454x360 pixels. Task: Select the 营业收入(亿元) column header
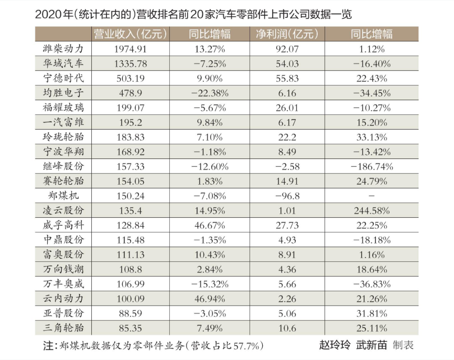130,35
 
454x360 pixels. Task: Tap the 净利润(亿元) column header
287,35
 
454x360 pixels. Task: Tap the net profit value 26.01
287,108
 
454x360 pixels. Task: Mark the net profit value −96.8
287,196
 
